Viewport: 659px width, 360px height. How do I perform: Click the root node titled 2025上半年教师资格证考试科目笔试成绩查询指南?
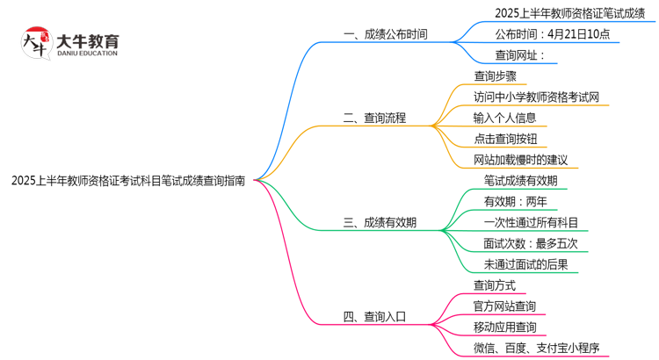point(128,181)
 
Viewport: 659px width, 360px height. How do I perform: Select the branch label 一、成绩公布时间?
point(386,34)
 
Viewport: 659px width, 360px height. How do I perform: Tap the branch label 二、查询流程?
point(375,118)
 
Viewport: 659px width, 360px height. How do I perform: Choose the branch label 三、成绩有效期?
point(380,223)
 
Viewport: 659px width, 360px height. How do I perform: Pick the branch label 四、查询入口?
point(375,317)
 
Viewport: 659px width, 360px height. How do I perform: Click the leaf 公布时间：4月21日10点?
point(552,34)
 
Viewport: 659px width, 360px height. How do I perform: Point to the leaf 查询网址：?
point(520,56)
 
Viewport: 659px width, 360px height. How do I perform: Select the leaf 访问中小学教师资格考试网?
point(537,97)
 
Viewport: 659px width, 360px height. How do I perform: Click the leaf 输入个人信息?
point(505,118)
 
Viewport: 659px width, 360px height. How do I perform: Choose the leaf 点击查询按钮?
point(505,139)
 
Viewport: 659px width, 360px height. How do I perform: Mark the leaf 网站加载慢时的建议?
point(521,160)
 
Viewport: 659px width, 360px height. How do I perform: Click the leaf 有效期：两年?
point(515,201)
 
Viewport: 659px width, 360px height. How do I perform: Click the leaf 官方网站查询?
point(505,306)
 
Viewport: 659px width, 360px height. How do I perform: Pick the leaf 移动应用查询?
point(505,328)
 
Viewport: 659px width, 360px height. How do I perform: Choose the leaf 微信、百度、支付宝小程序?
point(537,349)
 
